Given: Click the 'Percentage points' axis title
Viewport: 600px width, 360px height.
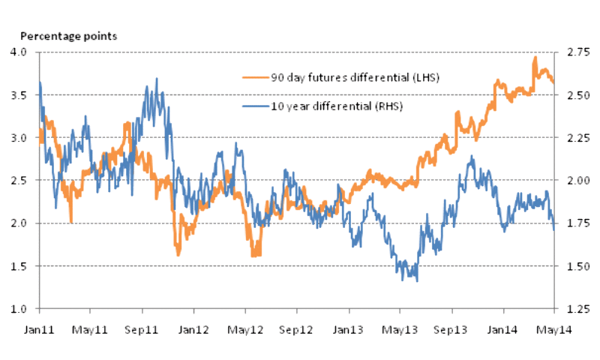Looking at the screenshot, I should pos(67,36).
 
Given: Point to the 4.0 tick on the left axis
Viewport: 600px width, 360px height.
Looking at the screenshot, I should pos(19,52).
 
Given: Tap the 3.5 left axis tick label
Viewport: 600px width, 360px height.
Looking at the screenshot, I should pos(19,95).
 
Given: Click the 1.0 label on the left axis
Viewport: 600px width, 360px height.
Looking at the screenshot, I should pos(19,309).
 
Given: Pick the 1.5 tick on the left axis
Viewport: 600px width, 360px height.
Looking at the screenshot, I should pos(19,266).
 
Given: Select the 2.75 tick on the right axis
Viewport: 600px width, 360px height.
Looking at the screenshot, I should pos(573,52).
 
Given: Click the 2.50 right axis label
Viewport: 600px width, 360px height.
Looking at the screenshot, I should pos(573,95).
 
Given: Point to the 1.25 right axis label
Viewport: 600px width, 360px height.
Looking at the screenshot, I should pos(573,309).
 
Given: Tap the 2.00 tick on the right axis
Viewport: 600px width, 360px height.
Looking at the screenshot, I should pos(573,181).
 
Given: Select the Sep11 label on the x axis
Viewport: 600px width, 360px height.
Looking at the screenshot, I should pos(142,329).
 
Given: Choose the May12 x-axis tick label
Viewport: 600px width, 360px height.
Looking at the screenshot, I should pos(245,329).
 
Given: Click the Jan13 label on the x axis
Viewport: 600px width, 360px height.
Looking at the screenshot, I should pos(349,329).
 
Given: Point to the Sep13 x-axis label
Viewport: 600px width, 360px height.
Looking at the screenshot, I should pos(451,329).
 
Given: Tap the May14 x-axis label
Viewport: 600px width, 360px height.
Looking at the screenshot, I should pos(554,329).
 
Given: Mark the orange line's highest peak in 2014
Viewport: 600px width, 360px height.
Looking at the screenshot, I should pos(535,57).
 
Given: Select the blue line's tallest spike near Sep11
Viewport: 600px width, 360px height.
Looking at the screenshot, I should pos(156,78).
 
